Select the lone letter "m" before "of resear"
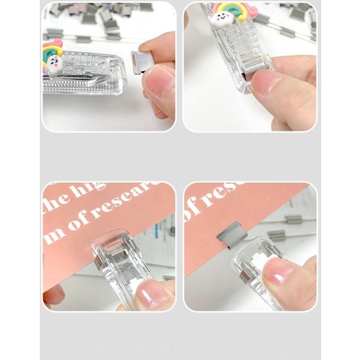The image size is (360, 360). [55, 232]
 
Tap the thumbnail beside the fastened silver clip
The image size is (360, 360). [276, 274]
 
